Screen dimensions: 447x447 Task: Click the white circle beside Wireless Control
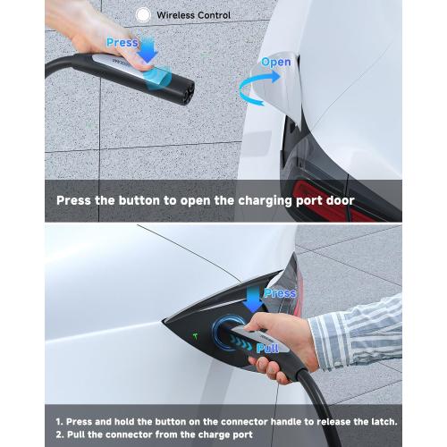143,14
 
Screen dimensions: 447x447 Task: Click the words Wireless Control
194,15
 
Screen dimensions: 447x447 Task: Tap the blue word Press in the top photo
122,43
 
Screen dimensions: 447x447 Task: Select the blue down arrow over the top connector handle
148,50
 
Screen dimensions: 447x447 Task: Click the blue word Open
276,62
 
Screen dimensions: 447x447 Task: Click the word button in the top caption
139,200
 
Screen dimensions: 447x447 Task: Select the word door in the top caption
340,200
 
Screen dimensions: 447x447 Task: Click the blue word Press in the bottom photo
280,293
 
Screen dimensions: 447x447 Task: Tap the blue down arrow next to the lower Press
253,299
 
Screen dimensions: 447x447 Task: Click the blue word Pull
267,348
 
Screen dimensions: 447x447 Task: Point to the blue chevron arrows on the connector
240,342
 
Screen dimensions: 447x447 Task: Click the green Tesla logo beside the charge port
196,336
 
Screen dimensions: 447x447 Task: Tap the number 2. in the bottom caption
60,434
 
